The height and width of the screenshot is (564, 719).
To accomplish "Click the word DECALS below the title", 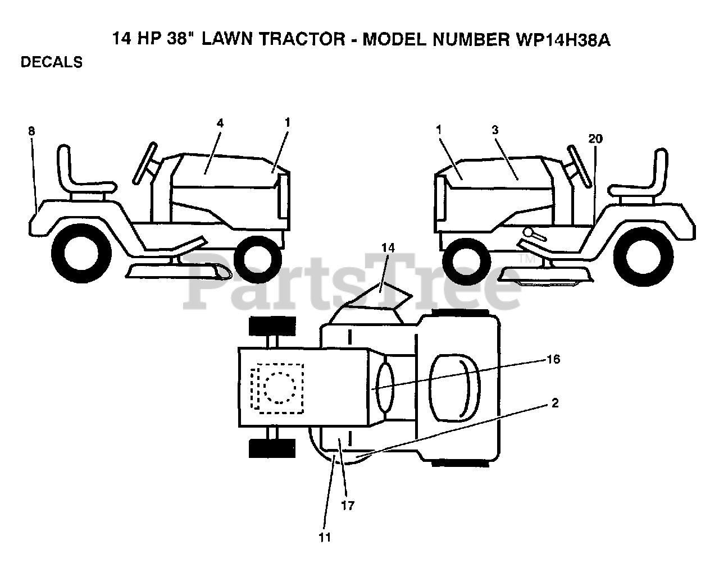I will [52, 62].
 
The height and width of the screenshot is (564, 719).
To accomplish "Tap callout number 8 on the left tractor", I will [31, 131].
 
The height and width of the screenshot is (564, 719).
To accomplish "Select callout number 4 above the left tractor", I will [220, 122].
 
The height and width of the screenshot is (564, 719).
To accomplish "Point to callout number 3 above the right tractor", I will [495, 130].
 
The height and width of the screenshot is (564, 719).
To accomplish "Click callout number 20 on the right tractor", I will [595, 139].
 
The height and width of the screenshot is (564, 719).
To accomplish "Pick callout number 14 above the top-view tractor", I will [388, 247].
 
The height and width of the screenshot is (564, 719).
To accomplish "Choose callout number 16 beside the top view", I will [553, 359].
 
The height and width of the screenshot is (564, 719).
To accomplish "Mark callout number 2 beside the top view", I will [555, 403].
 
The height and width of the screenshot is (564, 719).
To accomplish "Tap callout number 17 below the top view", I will [348, 506].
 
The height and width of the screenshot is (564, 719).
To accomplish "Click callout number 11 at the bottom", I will [325, 538].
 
